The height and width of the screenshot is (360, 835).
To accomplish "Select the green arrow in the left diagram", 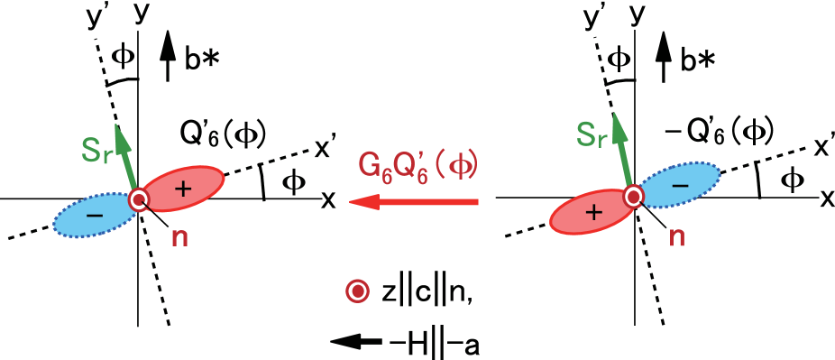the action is [127, 159].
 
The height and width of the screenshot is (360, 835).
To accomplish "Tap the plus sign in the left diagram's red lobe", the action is [184, 188].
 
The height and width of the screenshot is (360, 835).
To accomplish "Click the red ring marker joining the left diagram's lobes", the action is [138, 200].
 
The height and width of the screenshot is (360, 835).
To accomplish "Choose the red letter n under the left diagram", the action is [179, 237].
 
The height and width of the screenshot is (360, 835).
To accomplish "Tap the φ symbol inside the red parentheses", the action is [461, 165].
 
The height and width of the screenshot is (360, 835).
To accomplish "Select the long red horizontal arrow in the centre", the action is [414, 202].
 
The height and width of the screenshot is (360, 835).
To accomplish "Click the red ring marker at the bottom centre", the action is [358, 291].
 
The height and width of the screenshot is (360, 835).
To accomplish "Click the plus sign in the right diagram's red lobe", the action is [592, 214].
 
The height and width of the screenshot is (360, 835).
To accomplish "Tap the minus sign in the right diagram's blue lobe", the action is [681, 184].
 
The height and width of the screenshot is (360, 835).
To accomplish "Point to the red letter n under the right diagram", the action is [676, 237].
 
